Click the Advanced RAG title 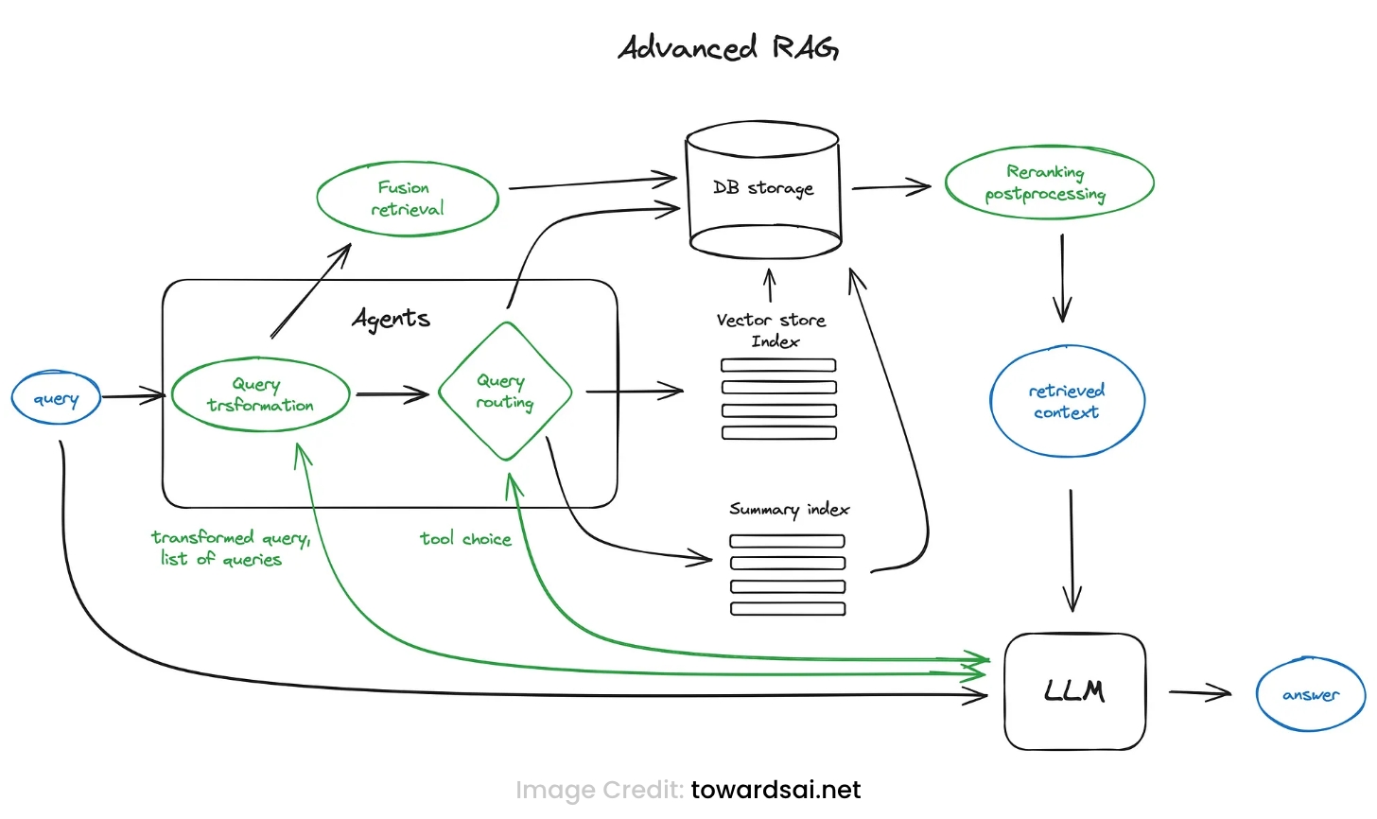728,47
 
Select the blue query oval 56,398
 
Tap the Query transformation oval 260,395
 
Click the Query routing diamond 505,392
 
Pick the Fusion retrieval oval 407,199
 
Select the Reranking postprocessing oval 1048,183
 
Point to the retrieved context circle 1067,401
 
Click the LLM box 1074,691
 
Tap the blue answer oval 1310,695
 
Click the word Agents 392,319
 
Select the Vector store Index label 772,330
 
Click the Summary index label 789,510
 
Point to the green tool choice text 465,539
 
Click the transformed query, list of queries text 229,549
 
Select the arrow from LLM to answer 1199,693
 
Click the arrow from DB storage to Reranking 891,187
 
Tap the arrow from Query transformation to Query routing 392,394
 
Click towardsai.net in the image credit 776,790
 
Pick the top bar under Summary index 787,541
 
